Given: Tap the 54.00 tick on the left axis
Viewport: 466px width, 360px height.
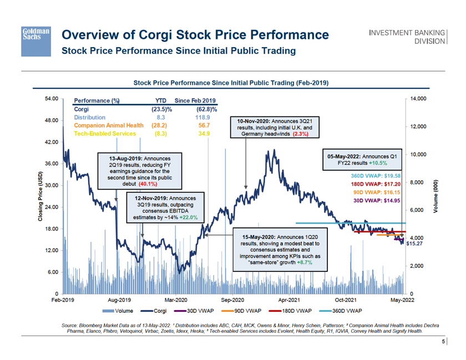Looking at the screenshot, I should point(52,99).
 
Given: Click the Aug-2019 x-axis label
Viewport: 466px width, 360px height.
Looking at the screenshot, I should point(119,300).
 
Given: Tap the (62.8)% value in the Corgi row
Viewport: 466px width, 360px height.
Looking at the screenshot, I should point(206,109).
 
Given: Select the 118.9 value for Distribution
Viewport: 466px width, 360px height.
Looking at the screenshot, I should point(202,118).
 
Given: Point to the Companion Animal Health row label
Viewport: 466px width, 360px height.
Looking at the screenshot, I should point(109,126).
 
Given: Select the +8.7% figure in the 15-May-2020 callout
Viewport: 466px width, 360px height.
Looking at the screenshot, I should point(303,263).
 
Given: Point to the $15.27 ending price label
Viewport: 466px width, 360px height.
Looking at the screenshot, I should point(415,243).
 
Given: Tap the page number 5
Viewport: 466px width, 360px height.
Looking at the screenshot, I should point(443,342).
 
